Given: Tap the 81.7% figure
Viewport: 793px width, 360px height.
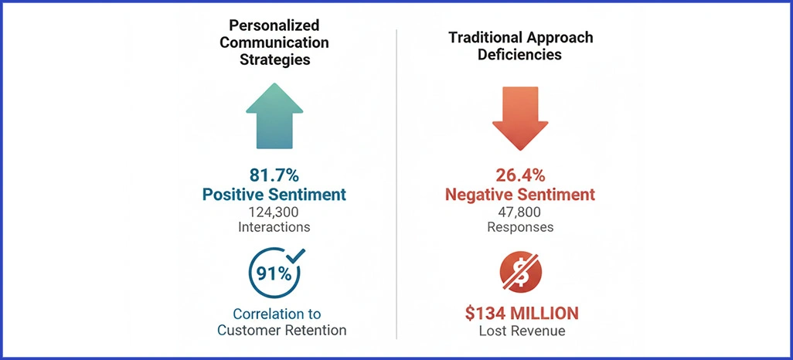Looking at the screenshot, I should coord(274,175).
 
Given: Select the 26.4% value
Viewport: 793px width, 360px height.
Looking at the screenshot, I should coord(519,175).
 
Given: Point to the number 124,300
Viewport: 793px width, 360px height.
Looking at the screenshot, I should coord(274,212).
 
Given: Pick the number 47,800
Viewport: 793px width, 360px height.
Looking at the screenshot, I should coord(519,212).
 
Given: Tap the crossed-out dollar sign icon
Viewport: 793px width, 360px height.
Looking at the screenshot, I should coord(520,273).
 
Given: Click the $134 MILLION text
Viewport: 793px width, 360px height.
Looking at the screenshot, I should coord(521,313).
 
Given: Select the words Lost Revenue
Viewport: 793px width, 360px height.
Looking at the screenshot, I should coord(521,331).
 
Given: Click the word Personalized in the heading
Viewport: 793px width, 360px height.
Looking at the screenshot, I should coord(274,25).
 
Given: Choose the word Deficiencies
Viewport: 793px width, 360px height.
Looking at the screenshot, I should coord(519,55).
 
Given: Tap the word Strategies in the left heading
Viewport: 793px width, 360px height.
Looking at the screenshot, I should coord(274,59).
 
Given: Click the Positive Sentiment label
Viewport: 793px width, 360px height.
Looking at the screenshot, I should coord(274,195).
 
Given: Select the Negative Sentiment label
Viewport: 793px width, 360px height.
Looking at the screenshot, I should coord(519,195).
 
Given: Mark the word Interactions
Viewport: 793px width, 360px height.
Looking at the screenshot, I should coord(274,227).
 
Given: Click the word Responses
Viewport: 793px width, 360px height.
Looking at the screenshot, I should coord(519,227).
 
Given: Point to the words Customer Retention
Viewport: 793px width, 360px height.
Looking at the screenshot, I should coord(281,330).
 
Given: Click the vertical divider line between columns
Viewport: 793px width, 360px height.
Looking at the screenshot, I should coord(396,185).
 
